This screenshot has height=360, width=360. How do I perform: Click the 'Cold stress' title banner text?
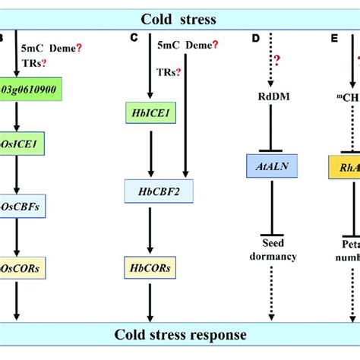pyautogui.click(x=179, y=17)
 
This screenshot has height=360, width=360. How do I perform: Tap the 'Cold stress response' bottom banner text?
pyautogui.click(x=180, y=334)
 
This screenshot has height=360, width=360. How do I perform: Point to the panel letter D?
pyautogui.click(x=257, y=36)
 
